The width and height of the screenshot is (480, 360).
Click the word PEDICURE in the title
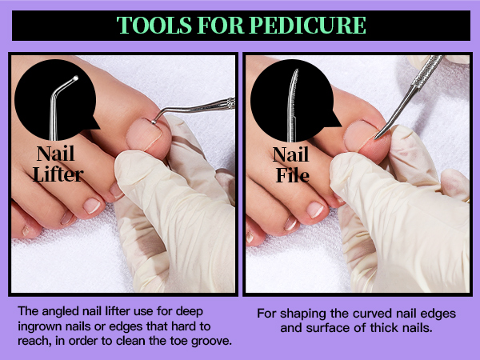308,25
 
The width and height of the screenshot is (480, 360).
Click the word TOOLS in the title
154,25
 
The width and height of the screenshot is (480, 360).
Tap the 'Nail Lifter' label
58,164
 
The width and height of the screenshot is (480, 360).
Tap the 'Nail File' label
291,165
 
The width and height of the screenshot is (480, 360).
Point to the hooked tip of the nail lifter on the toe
154,122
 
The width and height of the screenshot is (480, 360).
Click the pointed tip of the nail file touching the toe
376,138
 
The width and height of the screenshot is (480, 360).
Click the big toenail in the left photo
144,134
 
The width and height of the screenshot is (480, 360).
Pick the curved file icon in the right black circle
292,105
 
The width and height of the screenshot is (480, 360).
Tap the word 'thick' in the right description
383,328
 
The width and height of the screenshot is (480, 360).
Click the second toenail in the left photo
92,206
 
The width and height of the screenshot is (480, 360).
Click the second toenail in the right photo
315,210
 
